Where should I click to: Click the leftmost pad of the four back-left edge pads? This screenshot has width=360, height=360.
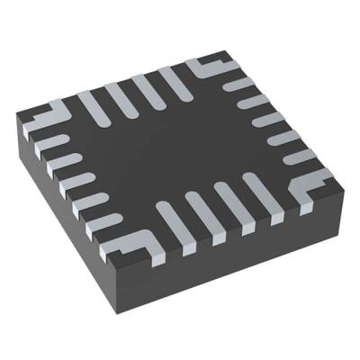point(90,103)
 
